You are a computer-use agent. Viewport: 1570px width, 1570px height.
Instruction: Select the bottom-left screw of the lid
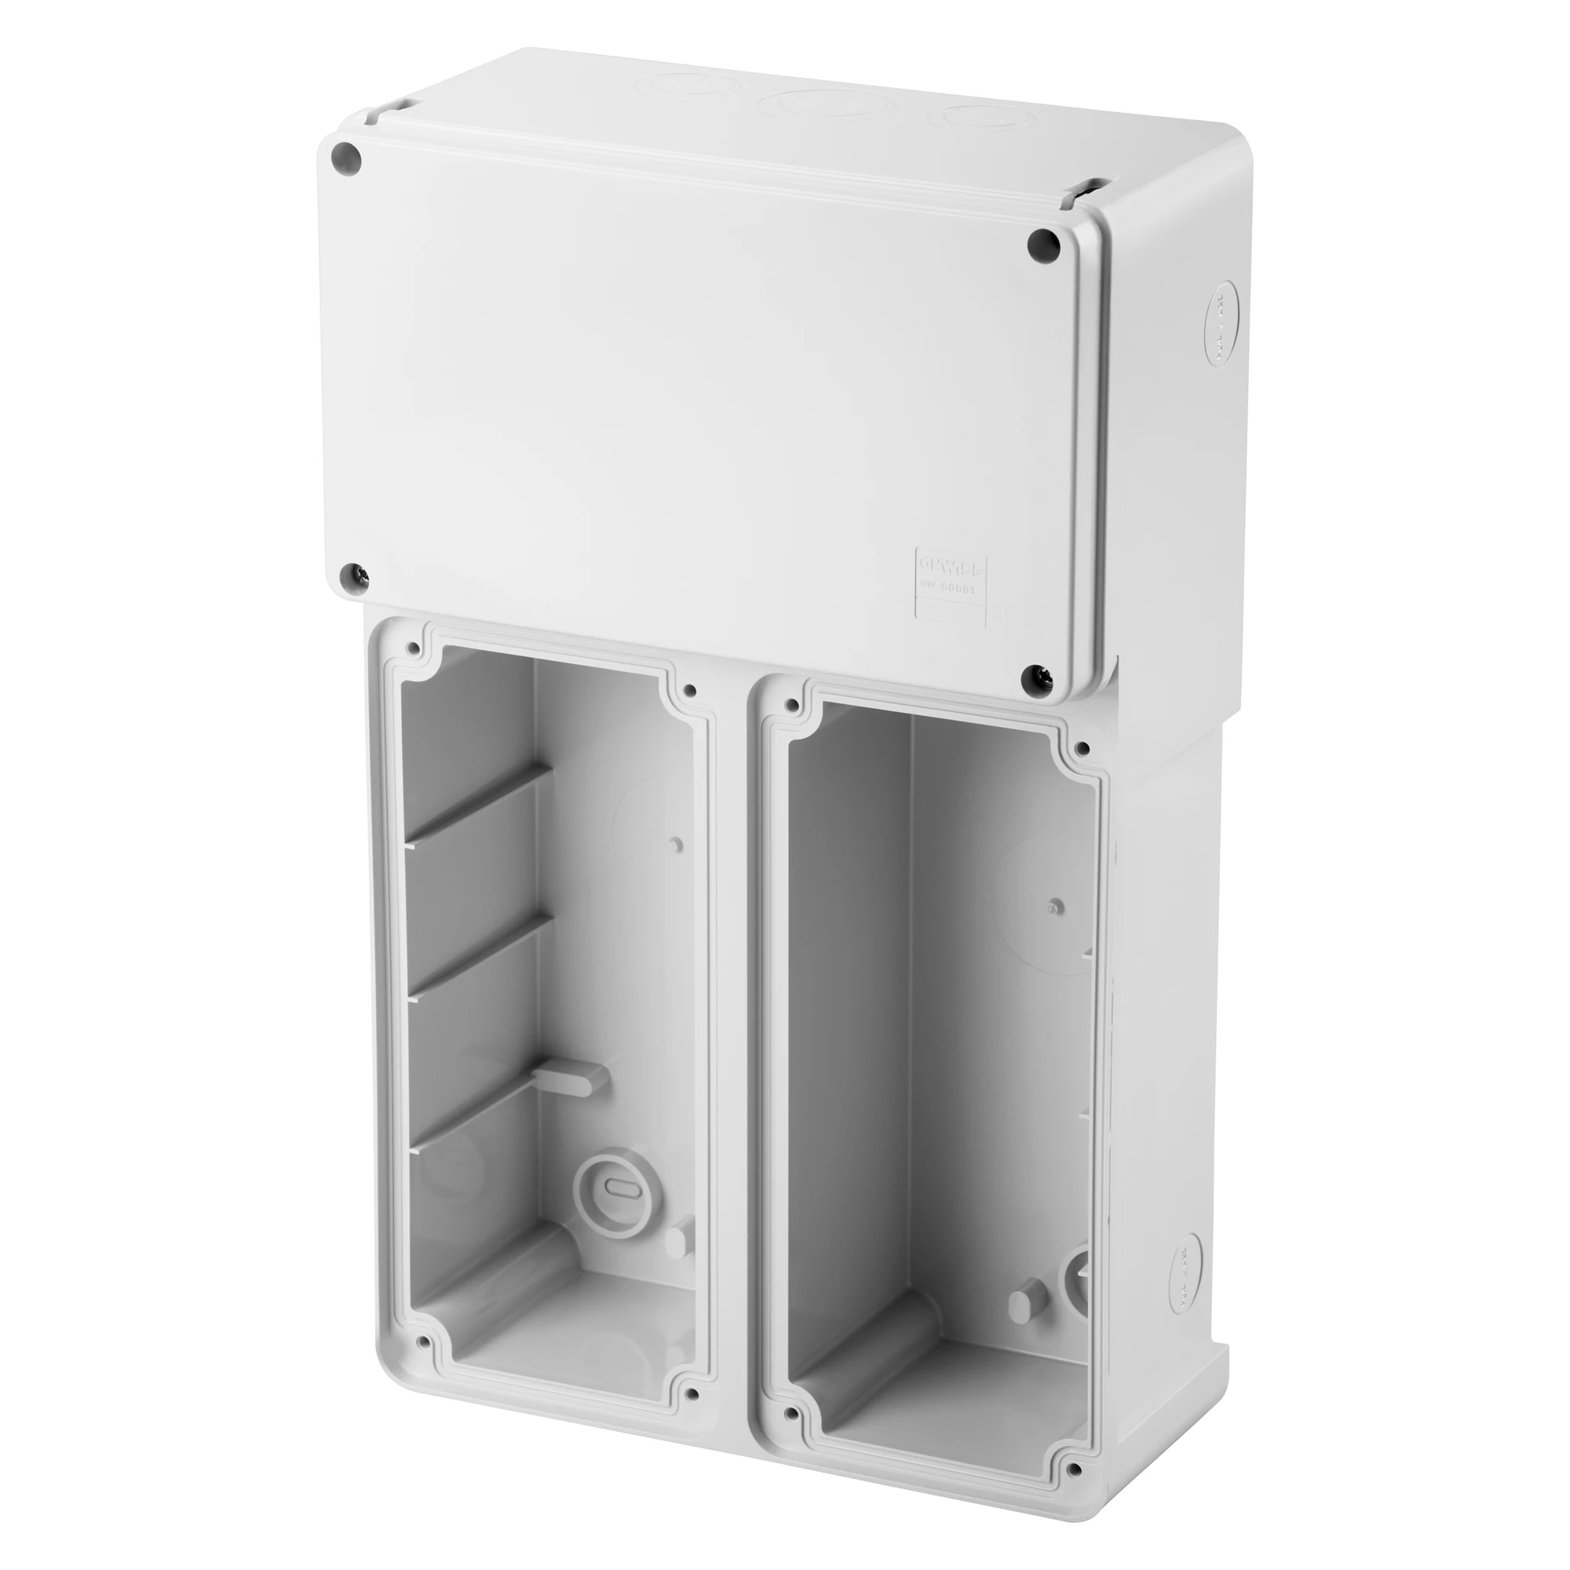coord(354,574)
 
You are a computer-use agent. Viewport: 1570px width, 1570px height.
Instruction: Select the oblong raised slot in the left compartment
coord(573,1082)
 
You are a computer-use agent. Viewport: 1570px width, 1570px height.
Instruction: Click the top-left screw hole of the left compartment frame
coord(415,648)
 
